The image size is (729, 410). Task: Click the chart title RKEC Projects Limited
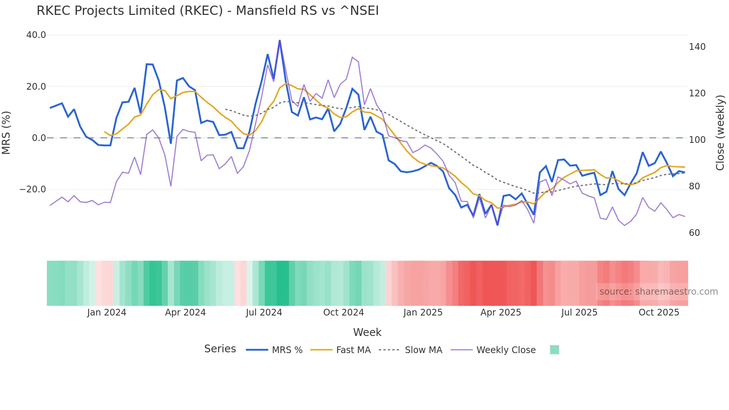pos(208,11)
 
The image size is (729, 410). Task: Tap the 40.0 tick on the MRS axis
pos(36,35)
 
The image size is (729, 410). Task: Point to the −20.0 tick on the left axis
pos(33,189)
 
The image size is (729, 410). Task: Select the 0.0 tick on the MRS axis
pos(39,138)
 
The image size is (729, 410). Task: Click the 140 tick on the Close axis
pos(697,47)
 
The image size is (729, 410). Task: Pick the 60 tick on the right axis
pos(694,233)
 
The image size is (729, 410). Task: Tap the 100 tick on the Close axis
pos(697,140)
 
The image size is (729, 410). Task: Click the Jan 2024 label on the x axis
pos(107,313)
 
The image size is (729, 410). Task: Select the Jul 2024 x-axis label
pos(264,313)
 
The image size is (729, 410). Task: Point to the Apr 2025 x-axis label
pos(501,313)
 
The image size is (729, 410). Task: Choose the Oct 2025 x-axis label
pos(659,313)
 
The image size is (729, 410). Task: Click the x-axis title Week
pos(367,332)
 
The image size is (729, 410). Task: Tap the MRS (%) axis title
pos(6,132)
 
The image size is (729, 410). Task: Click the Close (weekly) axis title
pos(720,133)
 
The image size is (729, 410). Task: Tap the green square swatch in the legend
pos(554,350)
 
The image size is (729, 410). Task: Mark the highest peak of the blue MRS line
pos(280,41)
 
